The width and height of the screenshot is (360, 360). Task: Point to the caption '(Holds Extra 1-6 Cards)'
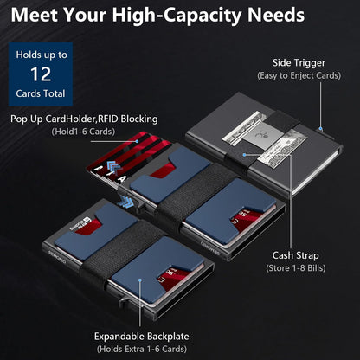click(144, 349)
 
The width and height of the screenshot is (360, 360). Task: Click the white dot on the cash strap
click(245, 156)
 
